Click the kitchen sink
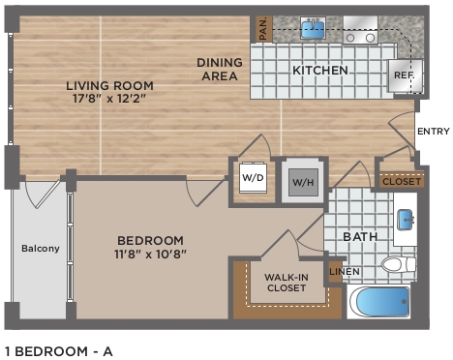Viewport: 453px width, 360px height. [x=313, y=28]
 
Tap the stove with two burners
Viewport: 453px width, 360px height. [x=360, y=30]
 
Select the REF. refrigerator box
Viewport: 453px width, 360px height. [x=406, y=76]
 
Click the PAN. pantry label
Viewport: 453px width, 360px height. [x=264, y=29]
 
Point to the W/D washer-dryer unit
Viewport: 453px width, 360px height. [x=254, y=177]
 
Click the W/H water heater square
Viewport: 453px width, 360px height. [x=303, y=182]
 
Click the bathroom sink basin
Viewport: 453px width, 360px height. [x=406, y=220]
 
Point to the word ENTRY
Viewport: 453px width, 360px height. [x=434, y=132]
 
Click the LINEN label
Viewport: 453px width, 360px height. [x=345, y=272]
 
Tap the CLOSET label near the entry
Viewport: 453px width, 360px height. [x=402, y=182]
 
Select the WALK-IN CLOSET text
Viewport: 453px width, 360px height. [x=287, y=283]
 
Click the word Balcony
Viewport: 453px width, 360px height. [x=41, y=249]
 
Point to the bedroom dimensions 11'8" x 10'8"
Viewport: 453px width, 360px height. [x=150, y=255]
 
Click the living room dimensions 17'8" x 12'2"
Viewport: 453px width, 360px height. [x=109, y=99]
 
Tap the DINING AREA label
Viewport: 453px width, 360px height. [x=220, y=70]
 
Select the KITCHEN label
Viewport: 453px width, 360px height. [x=320, y=71]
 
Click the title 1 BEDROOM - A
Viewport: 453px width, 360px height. [x=59, y=351]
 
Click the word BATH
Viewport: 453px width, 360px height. [x=360, y=237]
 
